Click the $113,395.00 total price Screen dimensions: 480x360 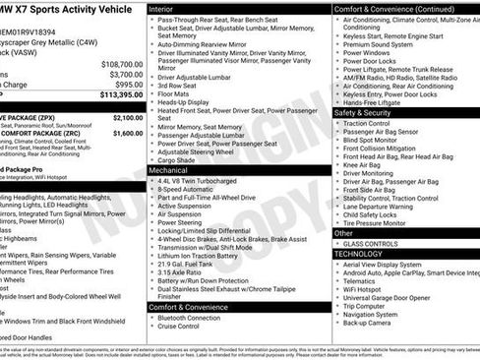point(118,95)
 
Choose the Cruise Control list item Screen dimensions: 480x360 point(184,326)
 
